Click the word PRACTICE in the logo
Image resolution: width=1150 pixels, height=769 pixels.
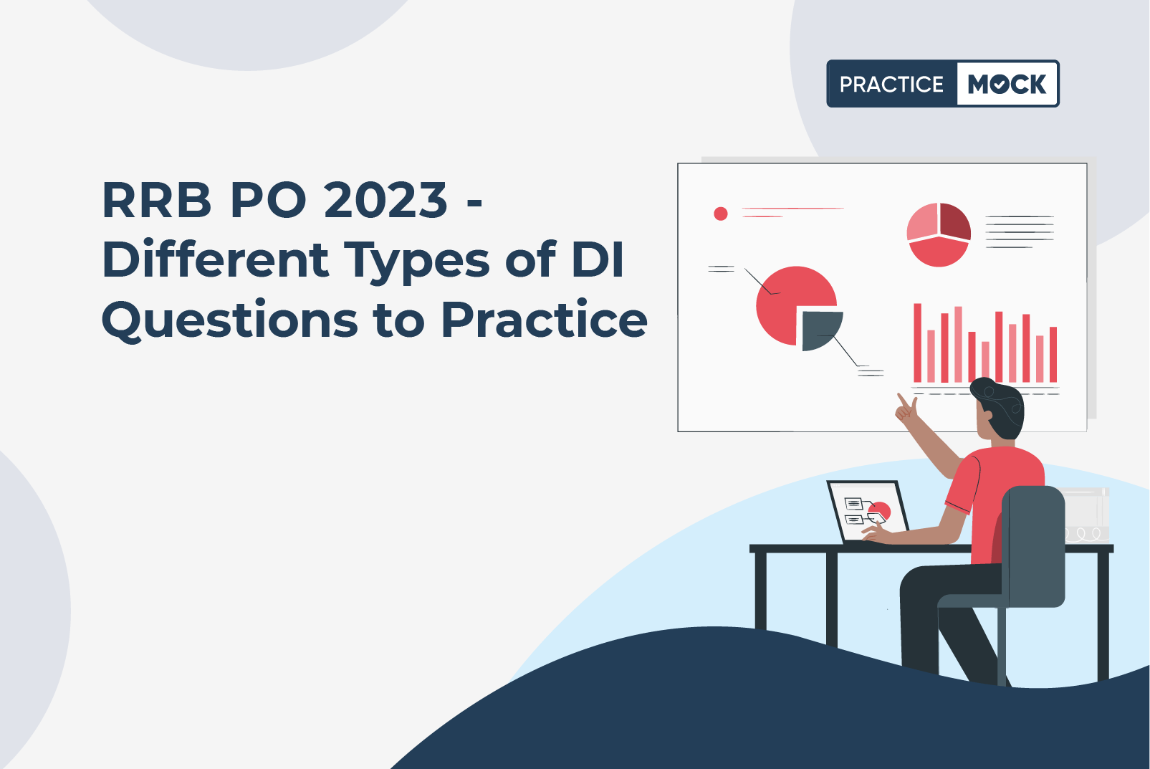coord(891,84)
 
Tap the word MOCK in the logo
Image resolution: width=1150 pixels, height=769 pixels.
coord(1007,84)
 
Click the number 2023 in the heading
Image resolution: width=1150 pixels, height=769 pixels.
coord(385,200)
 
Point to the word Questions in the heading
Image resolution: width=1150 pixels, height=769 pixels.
coord(229,321)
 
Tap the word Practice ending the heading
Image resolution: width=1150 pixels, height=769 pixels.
coord(545,319)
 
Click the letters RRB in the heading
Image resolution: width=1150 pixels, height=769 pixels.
coord(157,200)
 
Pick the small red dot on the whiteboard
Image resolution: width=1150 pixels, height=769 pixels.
coord(721,214)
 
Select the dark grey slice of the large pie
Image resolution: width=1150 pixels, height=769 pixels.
coord(820,330)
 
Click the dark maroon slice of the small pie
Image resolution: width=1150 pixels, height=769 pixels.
coord(955,221)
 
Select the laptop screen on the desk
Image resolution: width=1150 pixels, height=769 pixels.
coord(868,512)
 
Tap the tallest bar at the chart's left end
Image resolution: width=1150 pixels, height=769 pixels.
coord(917,343)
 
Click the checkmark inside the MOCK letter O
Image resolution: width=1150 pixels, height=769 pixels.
coord(1000,84)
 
